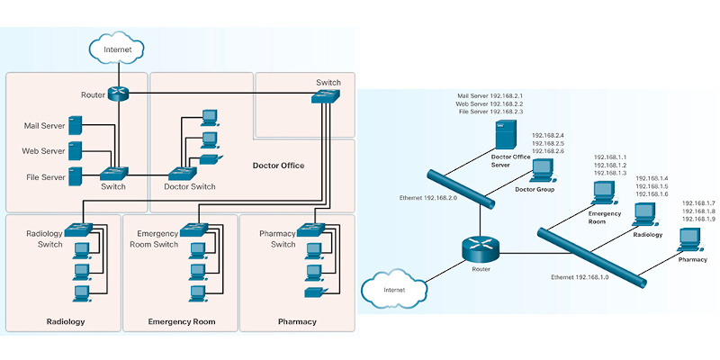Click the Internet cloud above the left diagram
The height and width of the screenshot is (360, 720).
point(117,47)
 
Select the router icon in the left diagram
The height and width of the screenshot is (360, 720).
point(117,94)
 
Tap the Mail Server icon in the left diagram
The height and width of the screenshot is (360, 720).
point(76,125)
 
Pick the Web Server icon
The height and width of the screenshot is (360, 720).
point(76,150)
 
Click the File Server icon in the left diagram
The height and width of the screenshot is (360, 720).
point(76,176)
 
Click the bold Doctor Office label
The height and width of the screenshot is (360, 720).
point(279,166)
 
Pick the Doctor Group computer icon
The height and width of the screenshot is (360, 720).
point(543,171)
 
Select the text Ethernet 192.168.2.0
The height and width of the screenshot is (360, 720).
point(429,198)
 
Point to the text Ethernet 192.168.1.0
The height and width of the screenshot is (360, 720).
point(580,277)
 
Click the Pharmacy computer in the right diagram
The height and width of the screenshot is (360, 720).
point(689,238)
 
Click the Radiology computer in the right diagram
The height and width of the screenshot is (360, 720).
point(643,213)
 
